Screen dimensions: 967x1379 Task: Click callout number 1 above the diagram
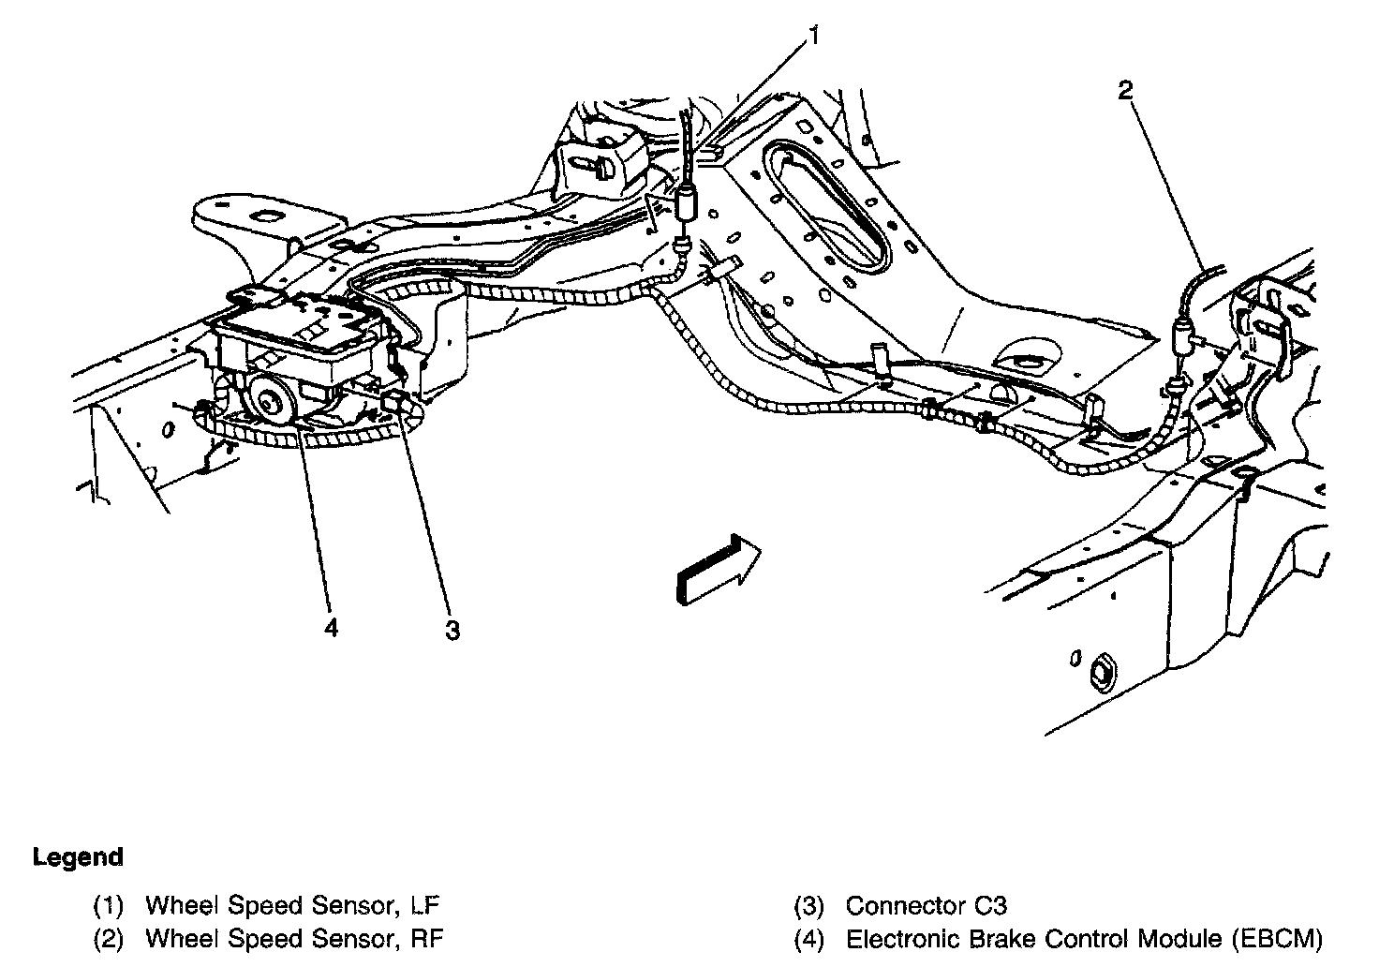(814, 37)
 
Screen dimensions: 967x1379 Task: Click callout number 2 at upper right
(1125, 90)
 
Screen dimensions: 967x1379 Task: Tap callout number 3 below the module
(452, 631)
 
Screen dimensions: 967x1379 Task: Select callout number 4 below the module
(330, 627)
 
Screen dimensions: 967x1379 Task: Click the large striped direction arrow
(717, 570)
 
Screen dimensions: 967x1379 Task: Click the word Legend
(78, 856)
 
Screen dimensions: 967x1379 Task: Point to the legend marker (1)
(109, 906)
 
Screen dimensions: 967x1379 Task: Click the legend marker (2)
(109, 938)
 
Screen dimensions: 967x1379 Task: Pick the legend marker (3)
(808, 906)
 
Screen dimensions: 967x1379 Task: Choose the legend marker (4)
(808, 938)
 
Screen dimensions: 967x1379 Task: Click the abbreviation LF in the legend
(424, 906)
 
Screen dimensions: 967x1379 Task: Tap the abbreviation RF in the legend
(426, 938)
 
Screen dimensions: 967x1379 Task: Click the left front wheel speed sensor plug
(686, 202)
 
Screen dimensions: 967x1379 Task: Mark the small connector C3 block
(393, 406)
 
